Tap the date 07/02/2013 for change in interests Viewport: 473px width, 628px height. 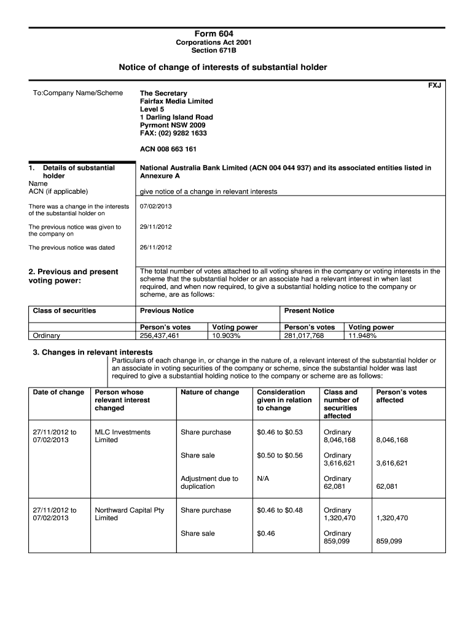[x=156, y=206]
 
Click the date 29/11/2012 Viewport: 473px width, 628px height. [x=156, y=227]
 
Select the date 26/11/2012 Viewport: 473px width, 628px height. [x=156, y=248]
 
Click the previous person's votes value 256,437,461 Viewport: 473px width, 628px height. [x=160, y=336]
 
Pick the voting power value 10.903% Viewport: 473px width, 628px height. [x=225, y=336]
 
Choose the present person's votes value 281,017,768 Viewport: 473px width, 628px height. [x=303, y=336]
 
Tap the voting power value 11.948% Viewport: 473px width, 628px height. [x=362, y=336]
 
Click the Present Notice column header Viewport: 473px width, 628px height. [x=309, y=311]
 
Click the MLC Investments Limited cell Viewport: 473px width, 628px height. [x=122, y=436]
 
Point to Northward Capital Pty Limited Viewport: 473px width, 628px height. [x=129, y=514]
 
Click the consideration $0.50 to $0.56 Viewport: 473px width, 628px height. [x=279, y=456]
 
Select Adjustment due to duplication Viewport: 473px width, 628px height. [x=209, y=483]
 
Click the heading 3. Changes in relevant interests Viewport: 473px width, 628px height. [x=92, y=353]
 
